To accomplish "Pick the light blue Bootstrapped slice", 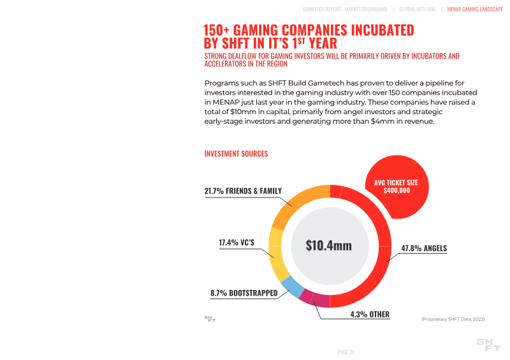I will pos(291,287).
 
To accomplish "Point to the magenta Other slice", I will pos(315,299).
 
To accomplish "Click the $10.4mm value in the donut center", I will pos(329,245).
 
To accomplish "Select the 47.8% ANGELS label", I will pos(424,248).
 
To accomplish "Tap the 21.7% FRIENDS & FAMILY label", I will pos(243,191).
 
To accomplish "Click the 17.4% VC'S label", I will pos(236,243).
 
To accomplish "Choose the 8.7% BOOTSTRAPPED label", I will pos(244,293).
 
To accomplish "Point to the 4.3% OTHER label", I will pos(370,314).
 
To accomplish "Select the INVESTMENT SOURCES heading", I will pos(236,154).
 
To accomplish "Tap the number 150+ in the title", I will pos(217,30).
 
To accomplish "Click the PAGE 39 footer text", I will pos(346,351).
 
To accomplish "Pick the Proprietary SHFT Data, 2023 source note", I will pos(453,318).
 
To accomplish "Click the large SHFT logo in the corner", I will pos(489,345).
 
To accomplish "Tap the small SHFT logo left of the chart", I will pos(210,318).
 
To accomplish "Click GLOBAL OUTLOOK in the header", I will pos(417,10).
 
